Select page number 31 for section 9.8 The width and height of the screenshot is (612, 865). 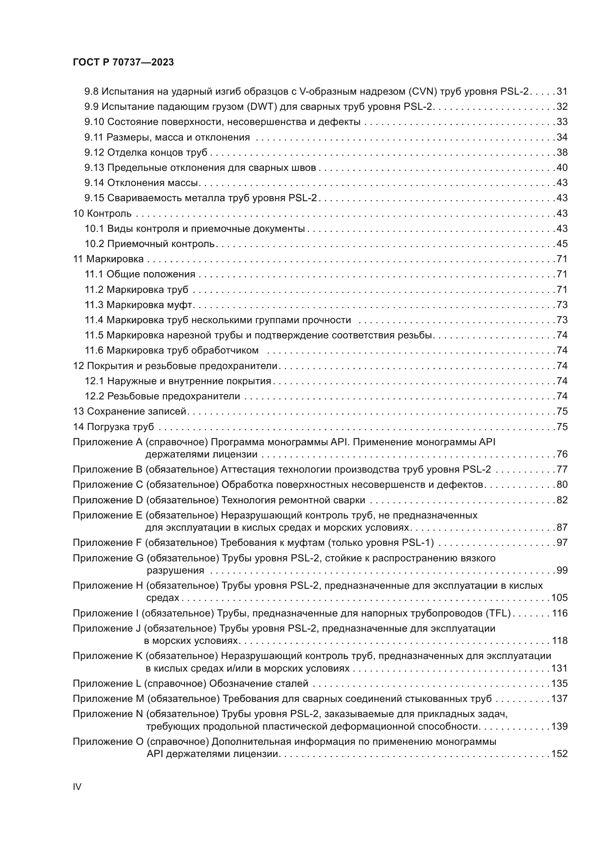point(562,92)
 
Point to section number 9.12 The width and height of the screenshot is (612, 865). point(94,153)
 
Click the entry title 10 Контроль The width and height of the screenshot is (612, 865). point(102,214)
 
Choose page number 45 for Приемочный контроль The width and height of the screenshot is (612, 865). point(562,244)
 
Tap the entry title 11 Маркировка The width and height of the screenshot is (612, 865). point(108,259)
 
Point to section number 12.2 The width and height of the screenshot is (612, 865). point(94,396)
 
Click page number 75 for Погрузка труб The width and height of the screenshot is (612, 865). point(562,427)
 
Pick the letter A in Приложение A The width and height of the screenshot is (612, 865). point(139,442)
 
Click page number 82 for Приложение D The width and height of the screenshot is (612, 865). point(562,500)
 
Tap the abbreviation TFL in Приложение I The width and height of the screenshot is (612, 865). point(498,613)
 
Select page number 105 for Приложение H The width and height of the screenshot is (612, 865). point(559,598)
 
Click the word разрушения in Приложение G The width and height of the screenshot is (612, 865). point(175,570)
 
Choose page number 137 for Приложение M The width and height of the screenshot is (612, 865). point(559,699)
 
